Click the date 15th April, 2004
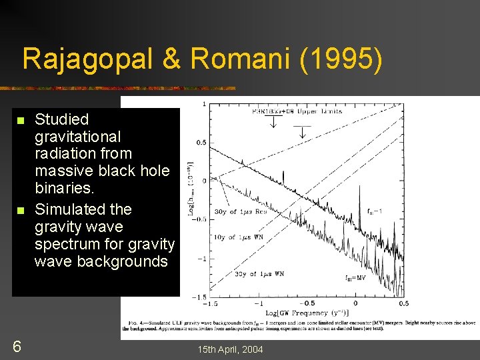point(229,349)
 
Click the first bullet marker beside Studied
point(20,121)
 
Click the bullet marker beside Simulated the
point(20,211)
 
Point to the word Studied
point(61,119)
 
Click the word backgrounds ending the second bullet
point(123,261)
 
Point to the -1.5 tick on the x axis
point(211,303)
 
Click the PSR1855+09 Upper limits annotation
point(297,111)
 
